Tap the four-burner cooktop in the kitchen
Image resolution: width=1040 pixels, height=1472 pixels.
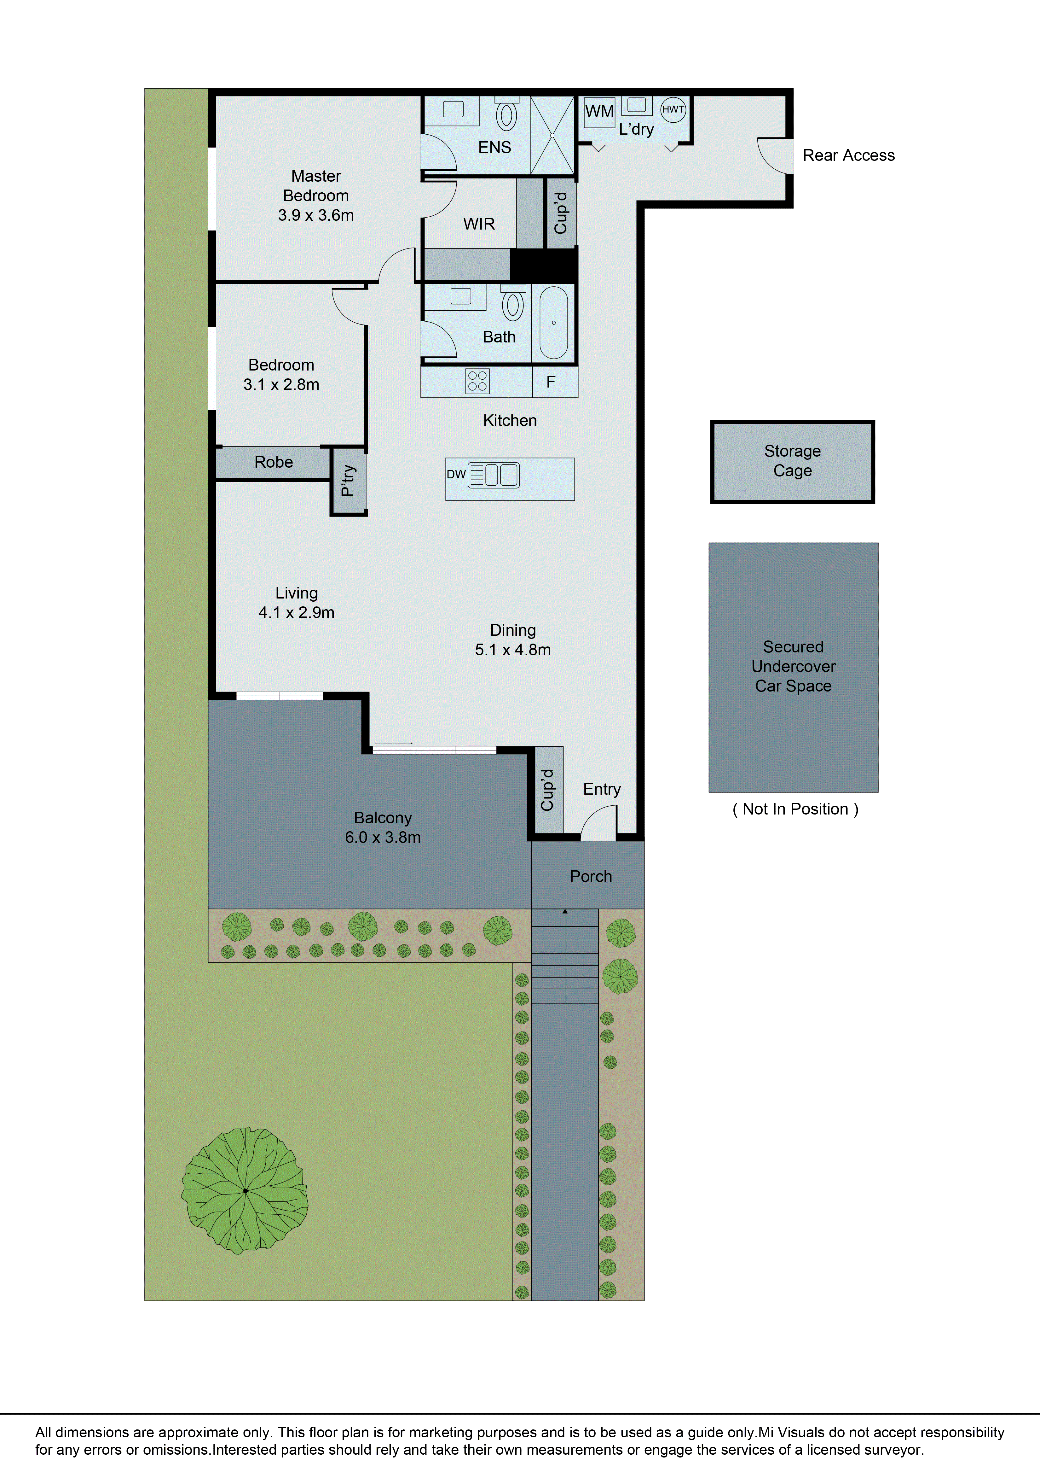click(477, 381)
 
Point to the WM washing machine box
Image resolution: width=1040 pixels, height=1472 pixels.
click(599, 112)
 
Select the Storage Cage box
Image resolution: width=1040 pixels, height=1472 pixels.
click(793, 462)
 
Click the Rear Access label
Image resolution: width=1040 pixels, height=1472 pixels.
click(848, 155)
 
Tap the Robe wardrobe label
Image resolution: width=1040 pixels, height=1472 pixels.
click(274, 462)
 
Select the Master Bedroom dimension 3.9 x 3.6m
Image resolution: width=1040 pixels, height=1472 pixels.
click(316, 215)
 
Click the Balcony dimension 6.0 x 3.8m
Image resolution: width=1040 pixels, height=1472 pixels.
click(383, 837)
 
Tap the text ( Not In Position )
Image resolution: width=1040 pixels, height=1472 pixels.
click(794, 809)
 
